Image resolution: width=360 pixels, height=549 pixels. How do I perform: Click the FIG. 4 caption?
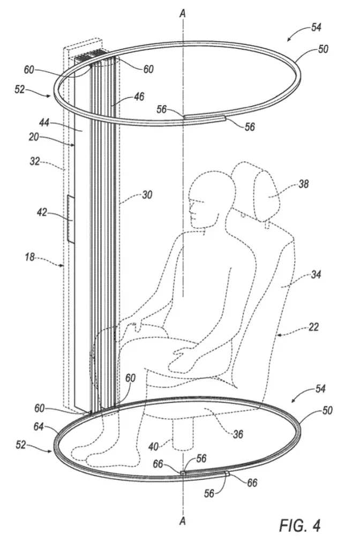tap(299, 525)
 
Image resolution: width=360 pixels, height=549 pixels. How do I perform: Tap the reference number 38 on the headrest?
tap(303, 183)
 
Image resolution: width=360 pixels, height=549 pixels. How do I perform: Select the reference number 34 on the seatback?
tap(316, 274)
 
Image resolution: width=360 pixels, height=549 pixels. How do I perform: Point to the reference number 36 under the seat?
tap(238, 434)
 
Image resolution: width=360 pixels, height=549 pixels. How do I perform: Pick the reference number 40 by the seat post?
tap(153, 447)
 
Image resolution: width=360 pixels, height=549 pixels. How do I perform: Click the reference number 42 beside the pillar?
tap(42, 212)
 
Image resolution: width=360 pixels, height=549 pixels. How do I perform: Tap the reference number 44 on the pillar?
tap(44, 123)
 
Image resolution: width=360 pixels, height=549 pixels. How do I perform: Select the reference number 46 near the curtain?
tap(139, 97)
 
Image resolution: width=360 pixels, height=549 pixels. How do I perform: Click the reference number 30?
tap(147, 195)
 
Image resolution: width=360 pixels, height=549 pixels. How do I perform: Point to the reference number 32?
tap(34, 161)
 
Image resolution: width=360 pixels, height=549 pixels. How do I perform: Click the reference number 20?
tap(34, 137)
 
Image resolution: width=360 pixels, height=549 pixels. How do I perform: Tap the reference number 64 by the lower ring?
tap(39, 426)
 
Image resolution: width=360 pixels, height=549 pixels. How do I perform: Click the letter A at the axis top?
tap(182, 13)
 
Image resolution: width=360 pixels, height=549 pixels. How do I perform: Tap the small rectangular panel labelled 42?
tap(71, 219)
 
